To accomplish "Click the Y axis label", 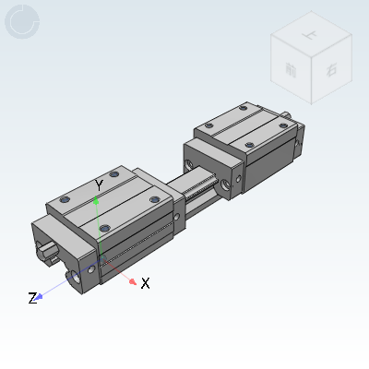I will (x=99, y=185).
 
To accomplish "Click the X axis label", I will (x=145, y=282).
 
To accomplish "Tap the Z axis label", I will (x=32, y=298).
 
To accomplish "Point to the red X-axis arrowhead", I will (x=133, y=280).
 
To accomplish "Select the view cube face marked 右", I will (x=319, y=66).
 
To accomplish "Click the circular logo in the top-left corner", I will (x=22, y=22).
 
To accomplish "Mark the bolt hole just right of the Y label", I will (x=114, y=173).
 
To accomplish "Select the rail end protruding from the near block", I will (x=46, y=248).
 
